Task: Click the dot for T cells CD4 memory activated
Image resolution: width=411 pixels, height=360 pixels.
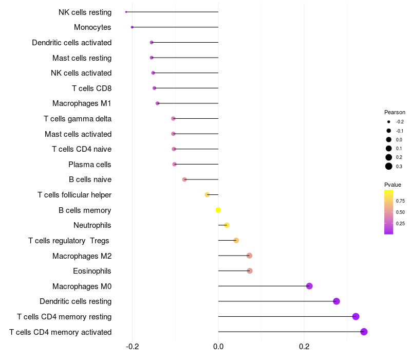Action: click(x=364, y=332)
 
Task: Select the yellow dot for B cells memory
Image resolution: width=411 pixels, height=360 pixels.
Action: click(x=218, y=210)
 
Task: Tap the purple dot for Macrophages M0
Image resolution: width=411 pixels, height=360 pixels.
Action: click(x=309, y=286)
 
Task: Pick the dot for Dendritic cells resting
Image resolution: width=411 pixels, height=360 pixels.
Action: click(x=337, y=301)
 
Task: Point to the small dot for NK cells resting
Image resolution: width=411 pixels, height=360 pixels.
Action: click(x=126, y=12)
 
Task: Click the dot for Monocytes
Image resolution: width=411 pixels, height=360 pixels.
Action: click(x=132, y=27)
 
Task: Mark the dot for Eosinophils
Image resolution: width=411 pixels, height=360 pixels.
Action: click(x=250, y=271)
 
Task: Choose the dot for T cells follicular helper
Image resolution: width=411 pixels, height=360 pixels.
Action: click(x=207, y=195)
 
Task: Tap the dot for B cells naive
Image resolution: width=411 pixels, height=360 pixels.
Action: click(x=184, y=179)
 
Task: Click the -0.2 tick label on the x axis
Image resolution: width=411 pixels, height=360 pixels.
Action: click(x=133, y=346)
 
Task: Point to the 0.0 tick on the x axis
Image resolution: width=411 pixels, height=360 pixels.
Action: click(x=218, y=346)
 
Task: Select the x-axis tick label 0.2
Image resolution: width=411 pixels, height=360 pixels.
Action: click(x=304, y=346)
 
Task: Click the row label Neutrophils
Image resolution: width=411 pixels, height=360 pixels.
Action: click(x=92, y=225)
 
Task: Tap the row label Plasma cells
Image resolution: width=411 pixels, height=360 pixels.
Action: click(x=90, y=165)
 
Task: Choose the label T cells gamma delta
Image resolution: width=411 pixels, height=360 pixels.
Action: click(x=78, y=119)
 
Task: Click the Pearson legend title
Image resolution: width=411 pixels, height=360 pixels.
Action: click(x=395, y=112)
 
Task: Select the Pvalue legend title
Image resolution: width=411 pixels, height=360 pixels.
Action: click(x=393, y=185)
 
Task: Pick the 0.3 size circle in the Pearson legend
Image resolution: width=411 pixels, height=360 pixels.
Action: click(x=389, y=166)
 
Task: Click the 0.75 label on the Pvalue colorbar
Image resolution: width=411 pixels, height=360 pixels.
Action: click(x=400, y=201)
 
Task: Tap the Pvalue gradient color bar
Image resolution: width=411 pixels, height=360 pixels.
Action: click(x=389, y=212)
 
